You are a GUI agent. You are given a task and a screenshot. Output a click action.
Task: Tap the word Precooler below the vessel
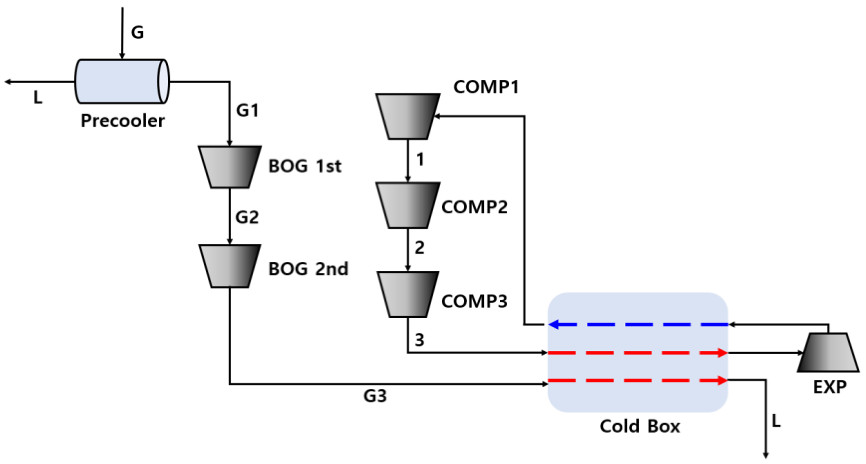[x=123, y=120]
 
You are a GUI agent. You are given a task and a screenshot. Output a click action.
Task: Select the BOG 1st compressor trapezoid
[x=230, y=167]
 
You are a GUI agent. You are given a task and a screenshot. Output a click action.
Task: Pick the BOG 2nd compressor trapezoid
[x=230, y=266]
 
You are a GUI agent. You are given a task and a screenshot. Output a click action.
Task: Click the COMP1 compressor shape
[x=408, y=116]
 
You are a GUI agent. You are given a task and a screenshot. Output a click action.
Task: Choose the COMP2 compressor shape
[x=408, y=205]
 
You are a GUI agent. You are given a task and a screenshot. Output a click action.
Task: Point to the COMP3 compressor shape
[x=408, y=294]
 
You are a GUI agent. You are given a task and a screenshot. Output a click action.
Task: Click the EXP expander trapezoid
[x=828, y=352]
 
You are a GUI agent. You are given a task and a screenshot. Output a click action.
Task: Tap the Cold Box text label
[x=639, y=426]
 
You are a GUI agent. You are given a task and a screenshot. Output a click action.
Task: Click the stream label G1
[x=248, y=110]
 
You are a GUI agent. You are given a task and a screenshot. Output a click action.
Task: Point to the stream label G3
[x=375, y=396]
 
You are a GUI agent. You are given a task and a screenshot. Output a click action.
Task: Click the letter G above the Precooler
[x=137, y=33]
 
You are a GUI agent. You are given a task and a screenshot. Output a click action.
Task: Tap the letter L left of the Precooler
[x=38, y=97]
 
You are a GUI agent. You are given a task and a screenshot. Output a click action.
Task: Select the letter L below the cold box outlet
[x=776, y=420]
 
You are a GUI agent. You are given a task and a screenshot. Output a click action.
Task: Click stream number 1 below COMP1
[x=420, y=159]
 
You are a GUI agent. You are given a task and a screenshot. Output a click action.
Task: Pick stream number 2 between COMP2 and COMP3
[x=420, y=248]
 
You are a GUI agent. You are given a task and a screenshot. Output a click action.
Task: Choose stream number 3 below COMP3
[x=420, y=340]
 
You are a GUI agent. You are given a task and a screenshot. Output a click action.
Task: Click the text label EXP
[x=830, y=387]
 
